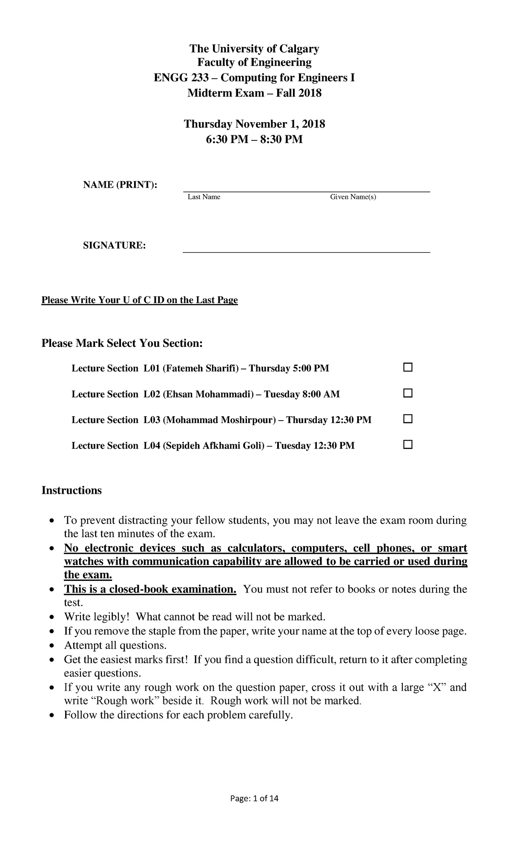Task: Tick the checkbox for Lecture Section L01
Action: (408, 367)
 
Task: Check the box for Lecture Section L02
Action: (408, 393)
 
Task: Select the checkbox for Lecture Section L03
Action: (408, 419)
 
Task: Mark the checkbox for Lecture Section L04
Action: (408, 445)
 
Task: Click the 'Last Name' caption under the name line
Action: (204, 197)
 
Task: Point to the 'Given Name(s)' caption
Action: (353, 197)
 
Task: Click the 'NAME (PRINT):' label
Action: (120, 185)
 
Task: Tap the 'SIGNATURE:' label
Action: (114, 246)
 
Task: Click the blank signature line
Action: (306, 252)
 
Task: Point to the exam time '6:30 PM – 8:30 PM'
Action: (254, 139)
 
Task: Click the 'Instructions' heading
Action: (72, 490)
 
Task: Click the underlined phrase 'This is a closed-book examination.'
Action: (150, 589)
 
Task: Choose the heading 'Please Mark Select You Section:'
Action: (122, 343)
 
